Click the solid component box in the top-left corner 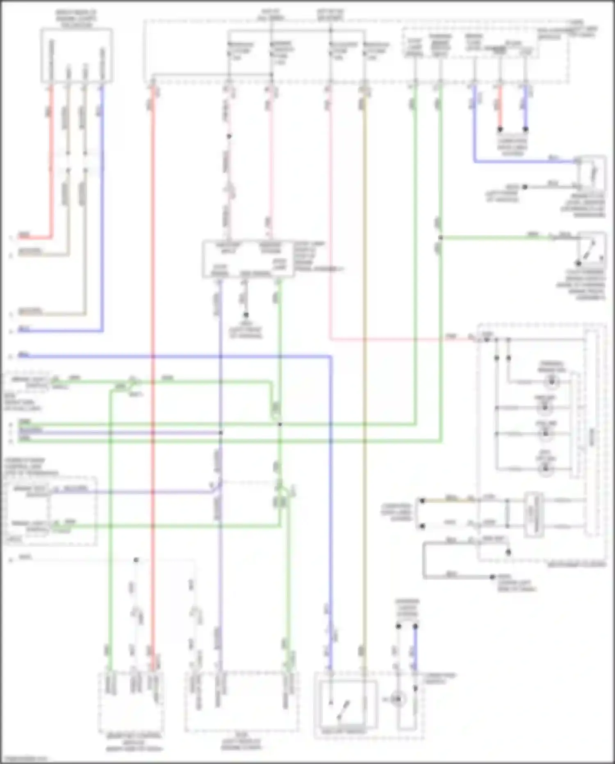pos(77,55)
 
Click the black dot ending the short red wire pos(500,129)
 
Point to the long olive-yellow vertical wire pos(364,369)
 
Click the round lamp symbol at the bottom pos(397,699)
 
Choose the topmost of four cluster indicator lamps pos(551,382)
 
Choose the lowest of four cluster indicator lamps pos(545,468)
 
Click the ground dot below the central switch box pos(246,315)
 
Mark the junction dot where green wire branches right pos(441,238)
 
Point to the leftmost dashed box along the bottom pos(131,702)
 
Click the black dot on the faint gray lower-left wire pos(136,560)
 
